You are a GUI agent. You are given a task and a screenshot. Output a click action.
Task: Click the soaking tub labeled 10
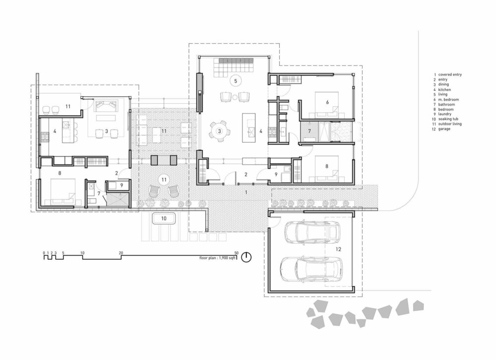point(164,219)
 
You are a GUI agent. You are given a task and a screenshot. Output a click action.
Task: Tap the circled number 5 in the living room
point(235,81)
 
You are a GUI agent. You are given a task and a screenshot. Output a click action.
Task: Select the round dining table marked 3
point(219,131)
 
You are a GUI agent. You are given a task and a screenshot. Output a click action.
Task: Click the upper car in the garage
point(312,232)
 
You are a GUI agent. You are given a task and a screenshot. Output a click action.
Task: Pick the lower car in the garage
point(311,269)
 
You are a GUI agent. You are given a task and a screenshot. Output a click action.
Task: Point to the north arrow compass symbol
point(247,257)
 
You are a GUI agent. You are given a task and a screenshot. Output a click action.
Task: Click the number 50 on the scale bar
point(236,253)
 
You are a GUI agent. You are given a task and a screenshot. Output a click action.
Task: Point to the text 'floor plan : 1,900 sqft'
point(218,258)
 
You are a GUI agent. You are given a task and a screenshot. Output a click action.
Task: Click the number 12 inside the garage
point(338,249)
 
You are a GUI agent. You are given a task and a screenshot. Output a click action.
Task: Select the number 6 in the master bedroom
point(327,102)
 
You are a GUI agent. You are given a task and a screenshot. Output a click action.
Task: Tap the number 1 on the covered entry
point(246,192)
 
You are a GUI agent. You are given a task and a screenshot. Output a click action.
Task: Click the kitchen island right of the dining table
point(248,128)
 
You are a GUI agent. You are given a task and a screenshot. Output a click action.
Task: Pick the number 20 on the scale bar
point(121,253)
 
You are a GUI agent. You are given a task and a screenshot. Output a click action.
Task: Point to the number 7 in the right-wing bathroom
point(310,131)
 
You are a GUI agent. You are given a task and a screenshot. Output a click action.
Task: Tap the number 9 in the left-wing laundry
point(122,185)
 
